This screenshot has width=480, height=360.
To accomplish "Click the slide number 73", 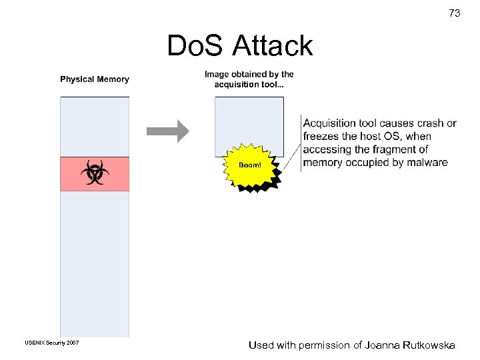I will (455, 13).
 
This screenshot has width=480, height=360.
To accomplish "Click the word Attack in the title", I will (273, 46).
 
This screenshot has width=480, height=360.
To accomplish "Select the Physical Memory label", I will (95, 79).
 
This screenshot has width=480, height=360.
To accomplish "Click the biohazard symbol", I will (95, 173).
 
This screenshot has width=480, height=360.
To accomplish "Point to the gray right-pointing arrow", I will (167, 131).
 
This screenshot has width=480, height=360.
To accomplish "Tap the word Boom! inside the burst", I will (250, 164).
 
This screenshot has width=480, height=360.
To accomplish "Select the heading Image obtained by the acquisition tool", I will (249, 79).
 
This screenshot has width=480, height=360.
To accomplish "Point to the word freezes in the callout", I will (321, 136).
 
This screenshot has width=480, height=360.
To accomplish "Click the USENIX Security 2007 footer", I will (52, 343).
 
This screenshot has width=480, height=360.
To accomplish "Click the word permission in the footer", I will (323, 345).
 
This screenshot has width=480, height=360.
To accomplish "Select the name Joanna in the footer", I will (381, 345).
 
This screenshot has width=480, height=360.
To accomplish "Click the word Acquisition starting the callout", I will (329, 123).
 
